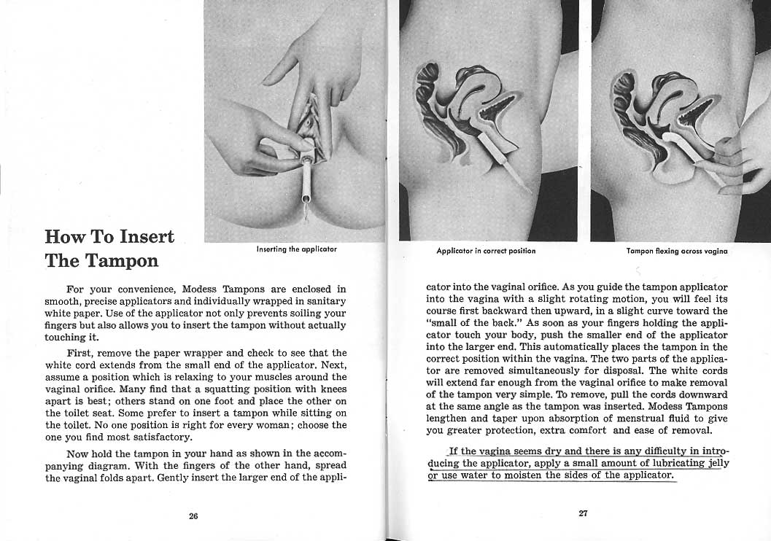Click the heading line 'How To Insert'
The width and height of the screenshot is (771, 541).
click(109, 237)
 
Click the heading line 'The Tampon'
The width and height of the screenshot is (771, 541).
click(101, 260)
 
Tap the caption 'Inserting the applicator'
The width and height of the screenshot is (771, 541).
click(296, 250)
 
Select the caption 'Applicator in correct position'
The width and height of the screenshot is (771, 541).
click(486, 251)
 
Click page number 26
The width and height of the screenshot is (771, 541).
click(193, 515)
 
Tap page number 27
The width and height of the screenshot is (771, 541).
click(583, 513)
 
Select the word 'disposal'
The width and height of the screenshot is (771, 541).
click(621, 370)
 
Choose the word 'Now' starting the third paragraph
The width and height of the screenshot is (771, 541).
click(77, 454)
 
